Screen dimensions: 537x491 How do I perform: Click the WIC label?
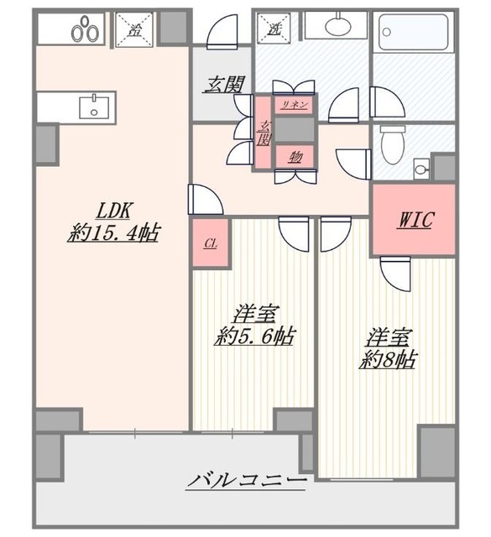[415, 220]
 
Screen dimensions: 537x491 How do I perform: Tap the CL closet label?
[210, 243]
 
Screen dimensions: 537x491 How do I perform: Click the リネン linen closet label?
[294, 105]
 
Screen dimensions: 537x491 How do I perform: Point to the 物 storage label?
[295, 156]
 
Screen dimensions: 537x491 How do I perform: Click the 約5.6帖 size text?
[253, 336]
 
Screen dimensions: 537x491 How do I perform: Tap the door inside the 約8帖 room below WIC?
[394, 272]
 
